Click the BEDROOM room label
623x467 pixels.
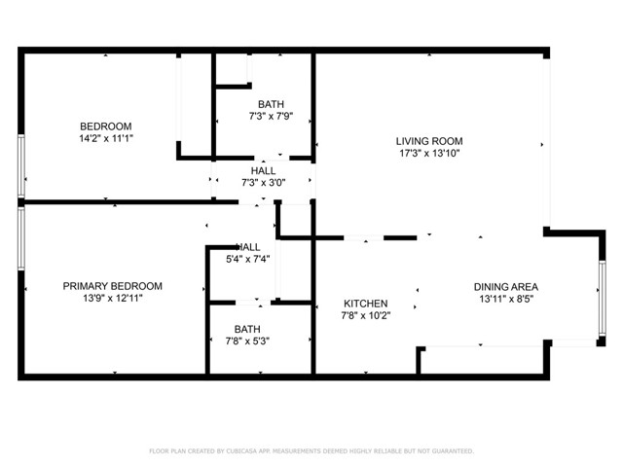click(x=105, y=126)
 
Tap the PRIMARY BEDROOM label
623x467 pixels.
click(x=112, y=286)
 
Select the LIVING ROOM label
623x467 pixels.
click(x=428, y=140)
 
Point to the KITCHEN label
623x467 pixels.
click(x=364, y=304)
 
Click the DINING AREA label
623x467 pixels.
click(x=505, y=287)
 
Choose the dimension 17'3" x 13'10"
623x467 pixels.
click(x=428, y=154)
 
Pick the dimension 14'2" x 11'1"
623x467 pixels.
click(x=105, y=139)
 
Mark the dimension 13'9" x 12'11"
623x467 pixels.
click(x=112, y=300)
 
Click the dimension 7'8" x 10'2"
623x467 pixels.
click(x=365, y=316)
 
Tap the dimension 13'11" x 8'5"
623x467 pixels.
click(x=505, y=300)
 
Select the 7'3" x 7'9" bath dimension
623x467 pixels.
click(x=271, y=117)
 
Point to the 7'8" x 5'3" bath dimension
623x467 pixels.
click(x=247, y=341)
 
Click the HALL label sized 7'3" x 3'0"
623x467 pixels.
click(x=263, y=170)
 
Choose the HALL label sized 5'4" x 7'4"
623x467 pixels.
click(x=247, y=247)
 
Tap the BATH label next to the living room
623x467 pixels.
click(x=271, y=104)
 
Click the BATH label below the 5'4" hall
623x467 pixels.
click(x=247, y=329)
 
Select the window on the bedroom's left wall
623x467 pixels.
click(x=20, y=167)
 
